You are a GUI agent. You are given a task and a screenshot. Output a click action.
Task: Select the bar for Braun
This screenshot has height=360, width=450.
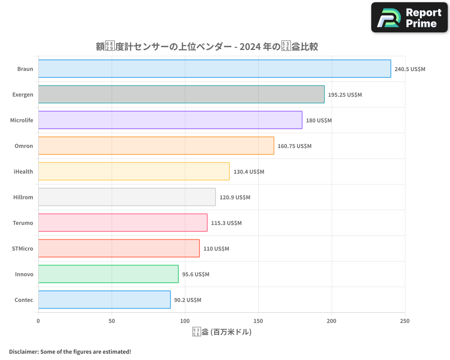pos(214,69)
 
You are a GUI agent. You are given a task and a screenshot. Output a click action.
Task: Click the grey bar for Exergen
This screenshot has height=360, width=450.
pos(181,94)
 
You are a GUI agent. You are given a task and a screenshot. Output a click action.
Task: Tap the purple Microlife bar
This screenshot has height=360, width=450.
pos(170,120)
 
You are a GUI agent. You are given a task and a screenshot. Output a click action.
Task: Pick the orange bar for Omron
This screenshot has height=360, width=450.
pos(156,146)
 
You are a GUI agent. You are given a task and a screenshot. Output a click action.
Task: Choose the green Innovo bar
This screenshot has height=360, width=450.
pos(108,274)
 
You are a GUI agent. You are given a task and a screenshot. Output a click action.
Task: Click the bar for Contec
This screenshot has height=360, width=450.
pos(104,300)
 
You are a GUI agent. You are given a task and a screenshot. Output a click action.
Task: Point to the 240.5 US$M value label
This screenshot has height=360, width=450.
pos(409,69)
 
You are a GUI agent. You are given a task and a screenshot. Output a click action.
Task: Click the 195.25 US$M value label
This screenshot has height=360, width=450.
pos(345,95)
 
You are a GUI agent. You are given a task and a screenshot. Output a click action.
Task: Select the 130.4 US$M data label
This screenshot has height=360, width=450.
pos(248,172)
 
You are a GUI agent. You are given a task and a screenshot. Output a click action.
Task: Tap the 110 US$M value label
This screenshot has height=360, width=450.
pos(216,249)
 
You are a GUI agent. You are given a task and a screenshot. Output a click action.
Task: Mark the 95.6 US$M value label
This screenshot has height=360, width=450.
pos(195,274)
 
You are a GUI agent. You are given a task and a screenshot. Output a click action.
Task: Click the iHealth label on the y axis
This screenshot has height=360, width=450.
pos(23,171)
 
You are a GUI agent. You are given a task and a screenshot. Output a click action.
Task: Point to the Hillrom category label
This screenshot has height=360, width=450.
pos(22,197)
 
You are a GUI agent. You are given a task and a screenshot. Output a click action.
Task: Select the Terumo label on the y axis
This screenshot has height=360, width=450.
pos(23,223)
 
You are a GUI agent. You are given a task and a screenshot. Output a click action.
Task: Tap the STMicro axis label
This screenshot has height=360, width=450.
pos(22,248)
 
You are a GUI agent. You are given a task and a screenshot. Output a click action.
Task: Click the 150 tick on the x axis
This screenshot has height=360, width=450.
pos(258,321)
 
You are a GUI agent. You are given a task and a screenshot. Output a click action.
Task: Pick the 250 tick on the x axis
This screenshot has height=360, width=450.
pos(405,321)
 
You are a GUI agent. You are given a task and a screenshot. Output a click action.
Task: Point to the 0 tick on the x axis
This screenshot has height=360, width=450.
pos(38,321)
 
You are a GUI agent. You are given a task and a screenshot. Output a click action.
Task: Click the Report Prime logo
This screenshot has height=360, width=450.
pos(409,18)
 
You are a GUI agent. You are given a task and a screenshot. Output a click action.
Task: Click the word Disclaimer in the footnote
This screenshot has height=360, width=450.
pos(23,352)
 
